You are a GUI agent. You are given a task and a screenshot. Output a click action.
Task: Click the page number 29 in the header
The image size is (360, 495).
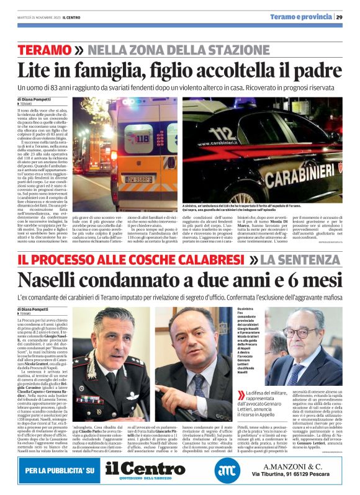[339, 17]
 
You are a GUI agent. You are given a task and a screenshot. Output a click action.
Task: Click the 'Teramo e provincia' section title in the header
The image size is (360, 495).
[300, 17]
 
